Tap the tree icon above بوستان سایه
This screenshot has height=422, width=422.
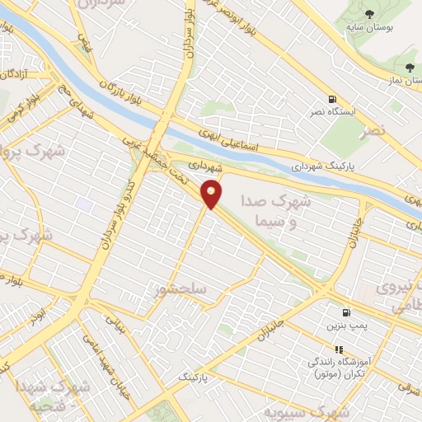click(368, 13)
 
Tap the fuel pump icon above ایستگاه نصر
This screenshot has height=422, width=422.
click(331, 97)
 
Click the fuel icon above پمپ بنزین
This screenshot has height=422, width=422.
click(346, 313)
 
